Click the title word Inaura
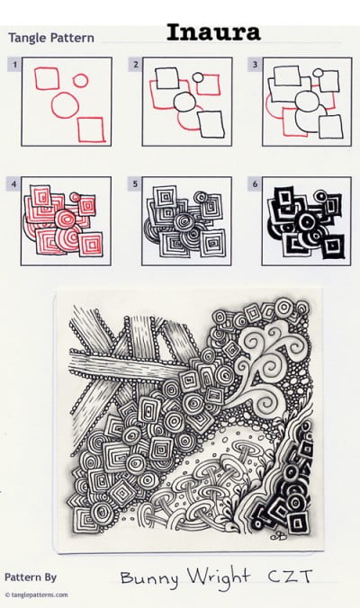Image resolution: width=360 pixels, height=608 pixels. coord(213,34)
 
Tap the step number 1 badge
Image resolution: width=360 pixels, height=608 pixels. coord(13,64)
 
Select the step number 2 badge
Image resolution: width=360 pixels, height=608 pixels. coord(135,64)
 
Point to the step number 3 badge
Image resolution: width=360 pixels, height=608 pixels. coord(256,64)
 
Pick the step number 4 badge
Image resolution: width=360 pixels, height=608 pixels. coord(13,183)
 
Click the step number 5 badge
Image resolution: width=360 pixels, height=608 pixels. coord(135,183)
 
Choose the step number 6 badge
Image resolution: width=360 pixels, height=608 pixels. coord(256,183)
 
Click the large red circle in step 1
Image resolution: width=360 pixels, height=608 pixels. coord(65,105)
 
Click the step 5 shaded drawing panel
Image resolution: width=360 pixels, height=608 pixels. coord(184,222)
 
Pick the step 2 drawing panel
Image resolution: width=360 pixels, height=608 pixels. coord(184,103)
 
